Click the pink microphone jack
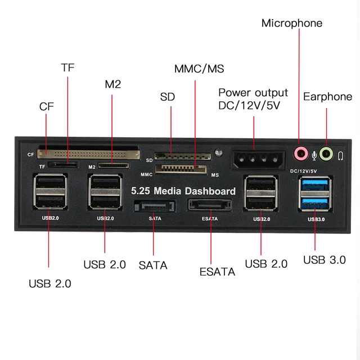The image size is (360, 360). coord(301,153)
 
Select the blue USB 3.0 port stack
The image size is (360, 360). coord(314,195)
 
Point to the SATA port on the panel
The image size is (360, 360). coord(154,206)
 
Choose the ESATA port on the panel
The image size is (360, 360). coord(210,205)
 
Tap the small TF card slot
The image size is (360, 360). coord(63,165)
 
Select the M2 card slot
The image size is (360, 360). coord(112,166)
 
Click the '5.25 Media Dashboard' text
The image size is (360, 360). coord(183,191)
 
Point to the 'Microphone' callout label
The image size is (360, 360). coord(292,23)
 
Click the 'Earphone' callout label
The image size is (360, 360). coord(327,97)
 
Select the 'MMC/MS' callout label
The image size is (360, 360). coord(199,69)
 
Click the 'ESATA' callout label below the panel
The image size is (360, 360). coord(217,272)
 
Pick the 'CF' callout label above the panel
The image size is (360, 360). coord(47,106)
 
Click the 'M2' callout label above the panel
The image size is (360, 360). coord(112,84)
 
